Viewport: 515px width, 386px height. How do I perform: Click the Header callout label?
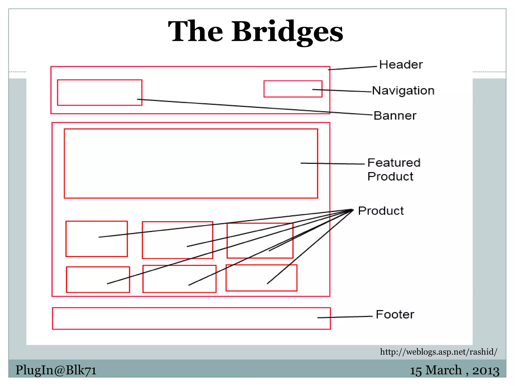coord(401,65)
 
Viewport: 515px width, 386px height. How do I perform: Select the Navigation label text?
coord(403,90)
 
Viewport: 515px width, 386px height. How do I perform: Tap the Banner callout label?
coord(395,116)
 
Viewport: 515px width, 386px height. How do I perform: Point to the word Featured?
coord(394,163)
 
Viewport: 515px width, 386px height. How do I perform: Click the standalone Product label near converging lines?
coord(381,211)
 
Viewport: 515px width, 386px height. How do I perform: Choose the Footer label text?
coord(395,314)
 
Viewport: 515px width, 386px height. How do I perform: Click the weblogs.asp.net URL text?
coord(438,352)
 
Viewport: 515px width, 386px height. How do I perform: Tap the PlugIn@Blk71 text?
coord(56,370)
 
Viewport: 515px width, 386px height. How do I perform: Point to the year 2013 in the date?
coord(486,371)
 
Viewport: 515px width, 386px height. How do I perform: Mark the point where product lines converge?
coord(353,210)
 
